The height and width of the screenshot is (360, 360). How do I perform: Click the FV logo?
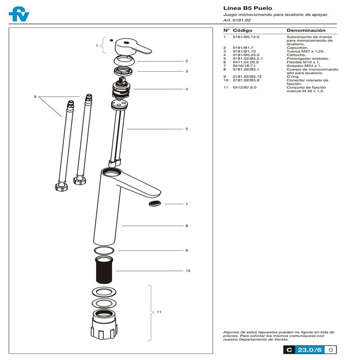click(19, 14)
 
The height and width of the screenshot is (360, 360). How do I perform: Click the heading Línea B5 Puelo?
click(247, 8)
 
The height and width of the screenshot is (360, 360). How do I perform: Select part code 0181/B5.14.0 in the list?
click(246, 37)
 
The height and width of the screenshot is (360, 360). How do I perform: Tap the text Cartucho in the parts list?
click(295, 55)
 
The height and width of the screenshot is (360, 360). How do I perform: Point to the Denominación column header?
click(306, 30)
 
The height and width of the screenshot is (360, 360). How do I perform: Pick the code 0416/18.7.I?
click(244, 66)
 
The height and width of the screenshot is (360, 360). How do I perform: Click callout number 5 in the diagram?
click(186, 129)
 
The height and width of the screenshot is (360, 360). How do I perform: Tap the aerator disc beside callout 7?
click(155, 204)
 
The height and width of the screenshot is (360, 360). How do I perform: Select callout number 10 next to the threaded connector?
click(188, 271)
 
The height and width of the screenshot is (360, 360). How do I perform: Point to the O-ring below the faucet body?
click(104, 251)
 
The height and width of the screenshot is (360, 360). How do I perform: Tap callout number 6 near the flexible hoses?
click(35, 97)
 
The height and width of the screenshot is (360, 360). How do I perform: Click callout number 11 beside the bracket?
click(159, 311)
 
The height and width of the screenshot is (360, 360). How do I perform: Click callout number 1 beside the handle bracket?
click(96, 45)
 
